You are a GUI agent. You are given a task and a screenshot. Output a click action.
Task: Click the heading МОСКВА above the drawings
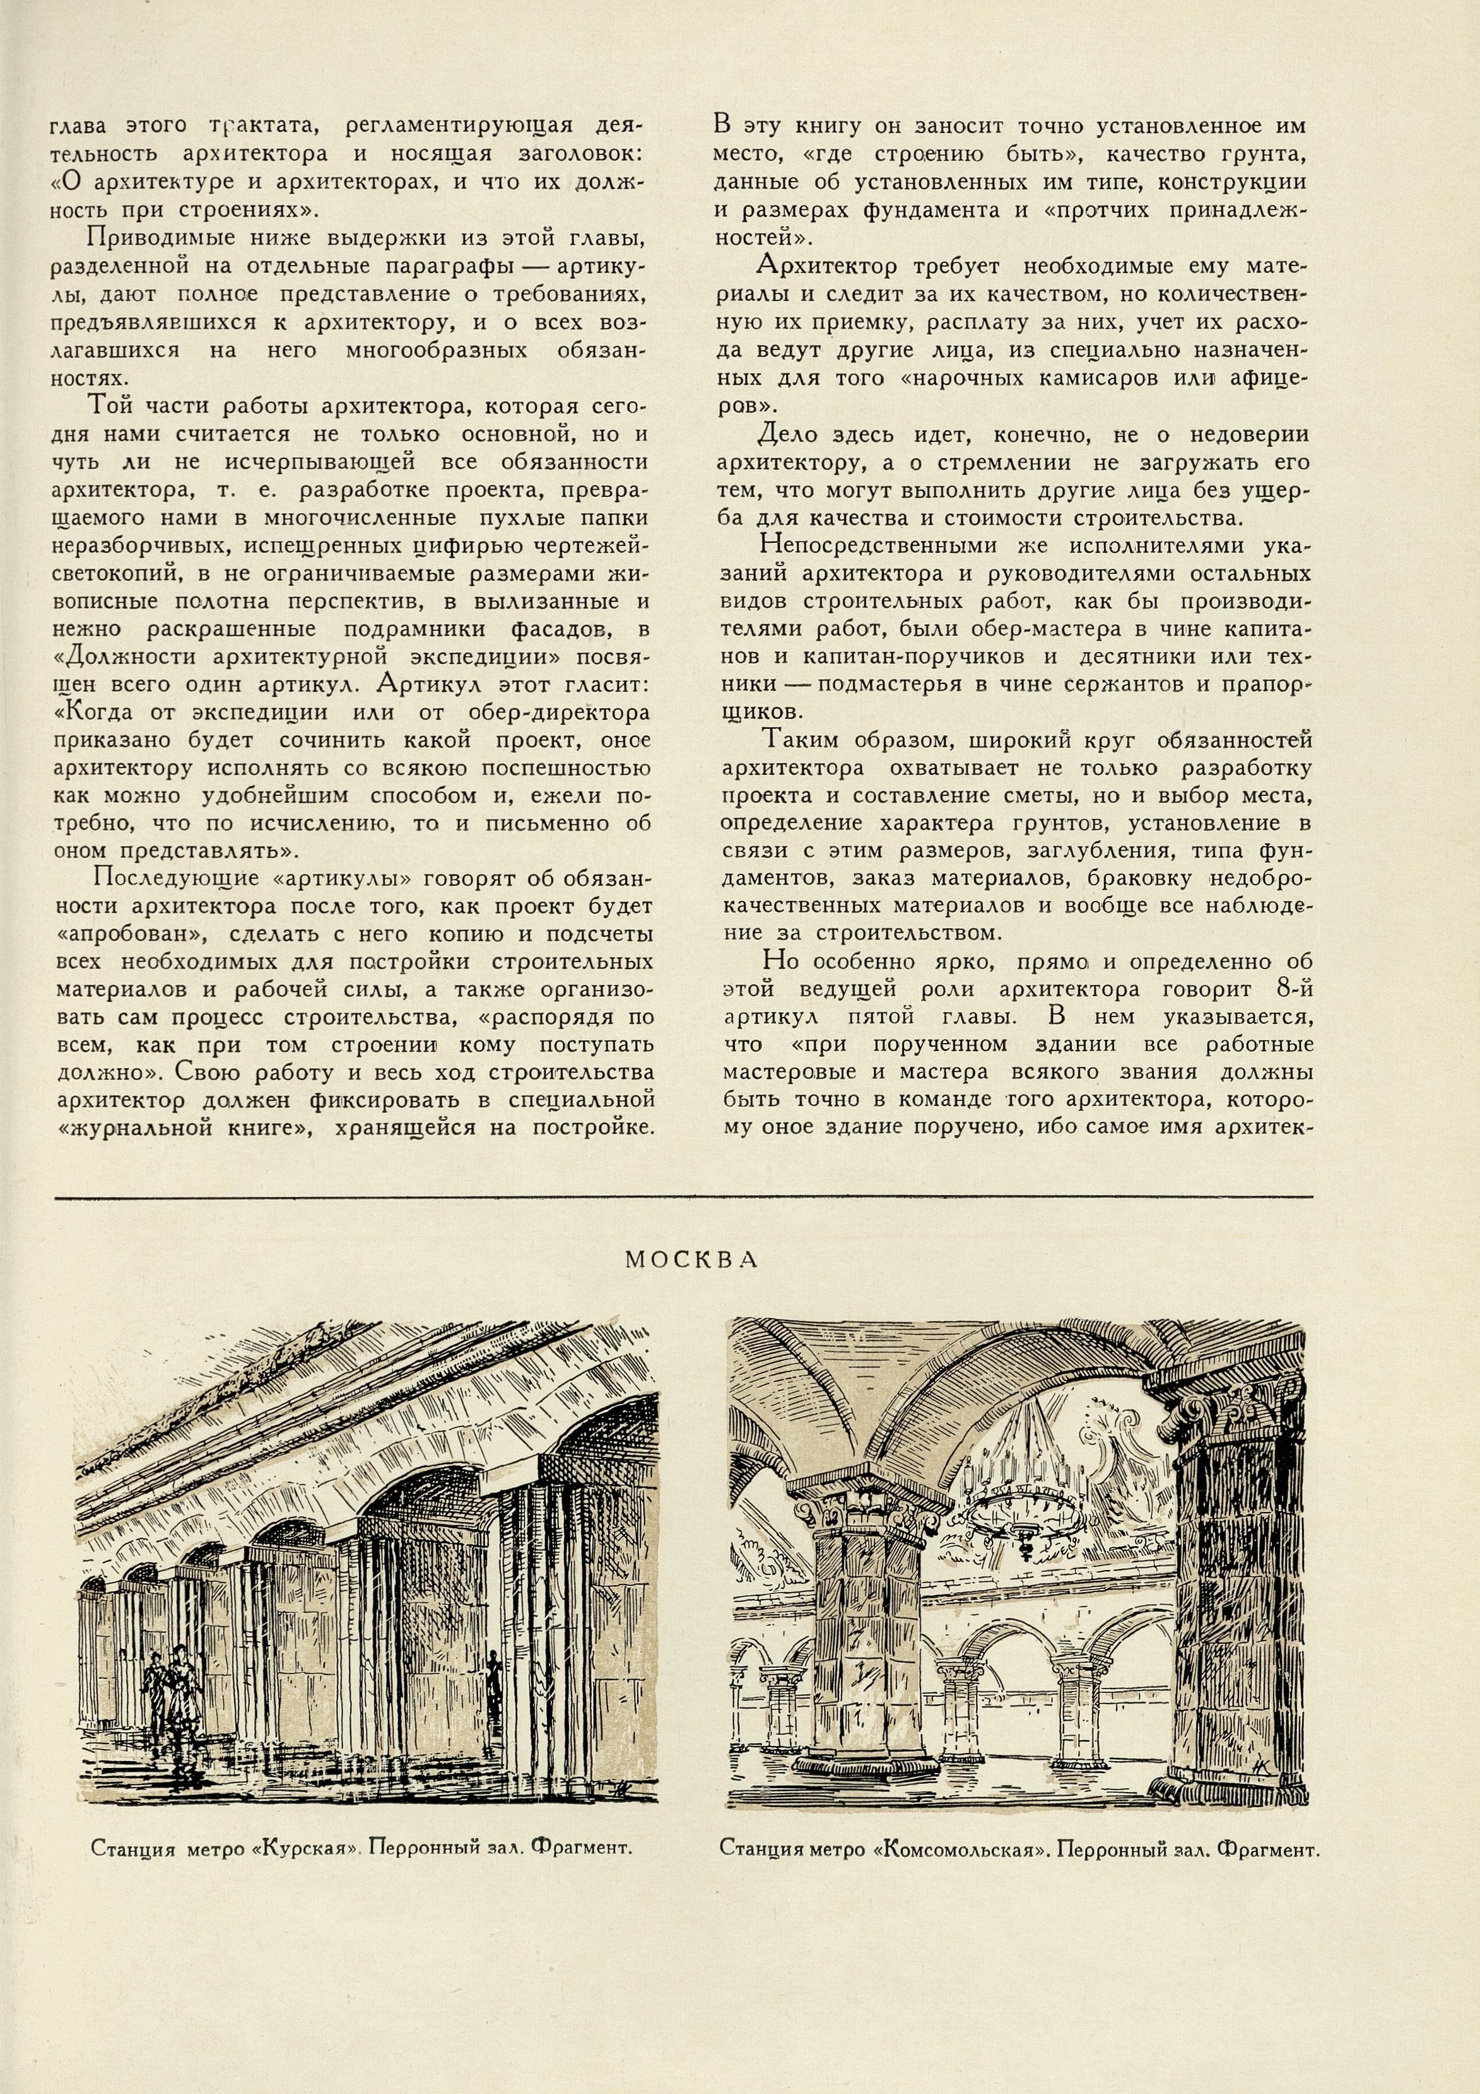(691, 1260)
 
